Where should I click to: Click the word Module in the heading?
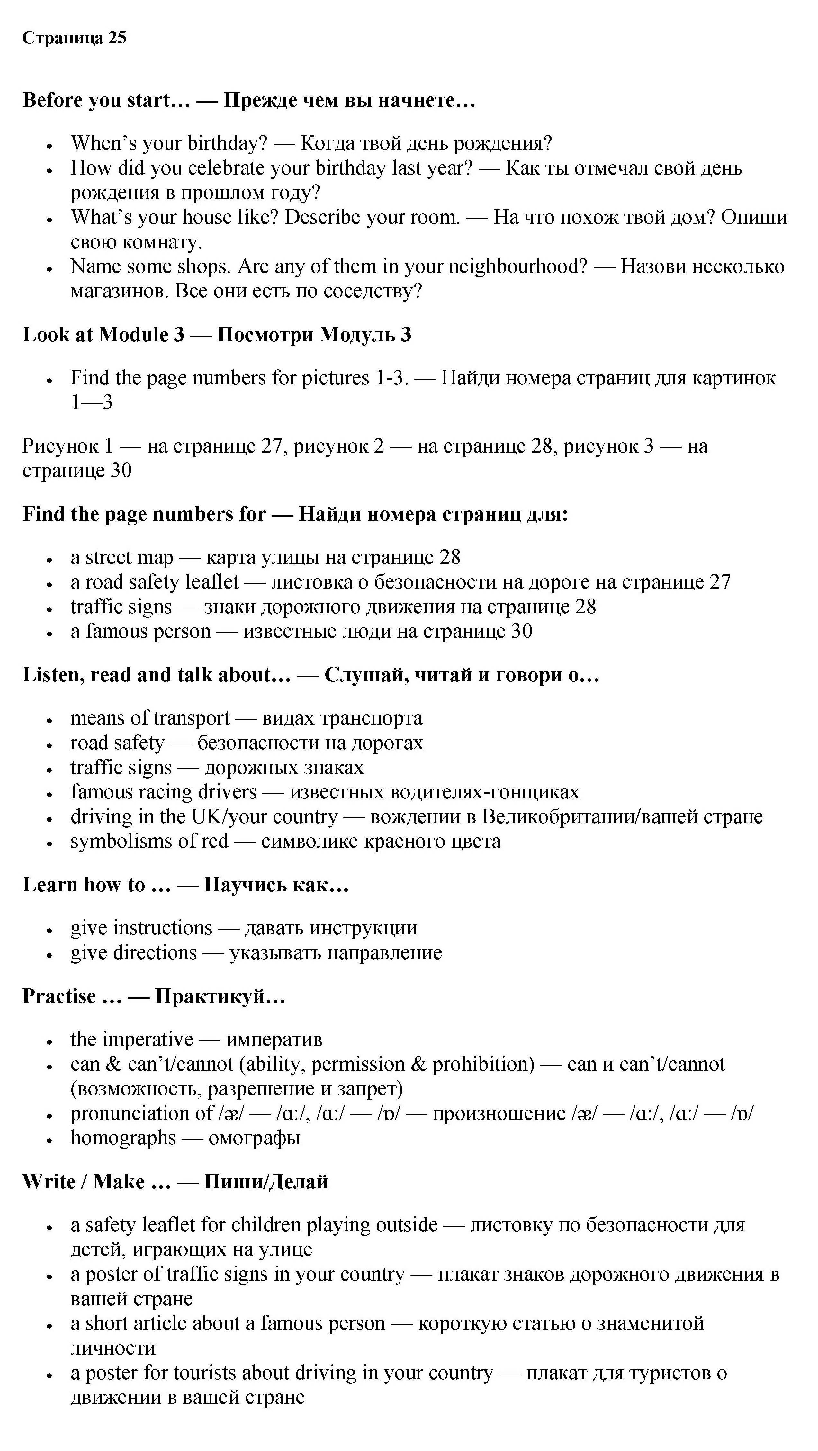coord(133,335)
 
